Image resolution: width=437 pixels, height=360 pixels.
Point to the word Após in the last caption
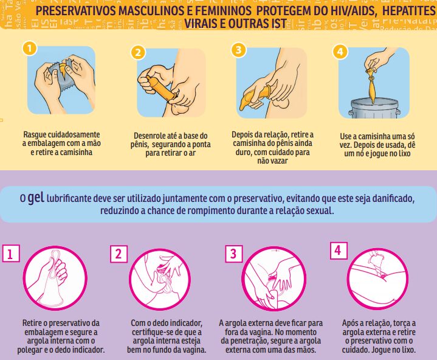coord(352,323)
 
